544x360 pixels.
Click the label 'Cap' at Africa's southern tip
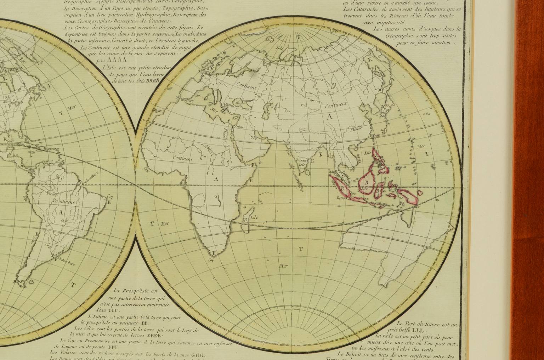[211, 259]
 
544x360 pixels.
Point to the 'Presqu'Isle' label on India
[301, 162]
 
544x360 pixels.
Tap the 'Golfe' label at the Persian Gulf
[253, 136]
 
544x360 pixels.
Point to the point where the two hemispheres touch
[136, 184]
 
